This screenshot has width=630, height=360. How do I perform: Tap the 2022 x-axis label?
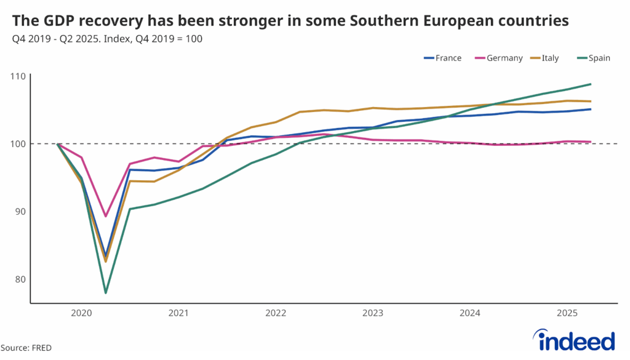click(x=276, y=313)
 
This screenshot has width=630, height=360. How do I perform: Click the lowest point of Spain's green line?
click(x=106, y=292)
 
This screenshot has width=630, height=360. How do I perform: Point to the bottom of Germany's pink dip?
click(x=106, y=216)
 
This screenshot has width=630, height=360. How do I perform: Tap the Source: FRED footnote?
click(x=26, y=348)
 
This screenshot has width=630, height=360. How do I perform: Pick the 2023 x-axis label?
click(x=373, y=313)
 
